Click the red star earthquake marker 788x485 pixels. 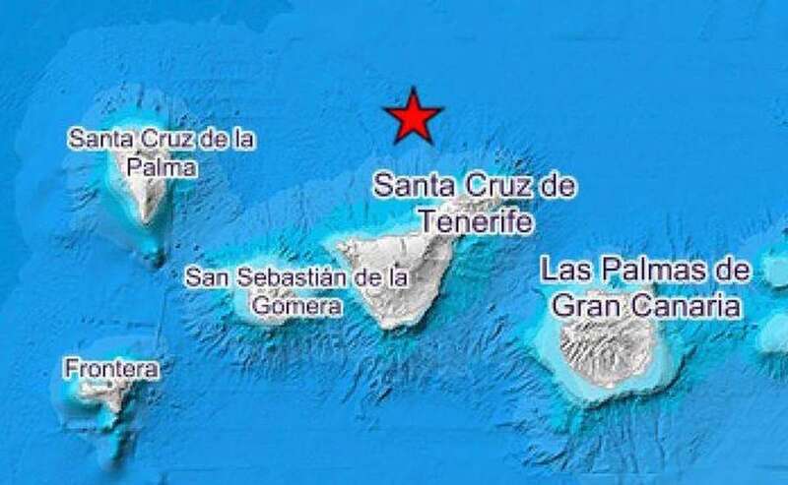414,117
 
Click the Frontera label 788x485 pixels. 110,369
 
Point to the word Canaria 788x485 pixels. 689,305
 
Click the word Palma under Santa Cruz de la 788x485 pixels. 161,167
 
